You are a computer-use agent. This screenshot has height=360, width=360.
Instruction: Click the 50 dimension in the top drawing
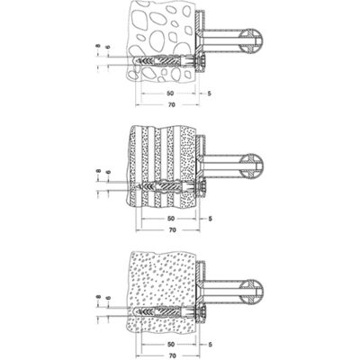(x=170, y=94)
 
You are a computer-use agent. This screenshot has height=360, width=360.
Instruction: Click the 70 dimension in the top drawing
(x=172, y=104)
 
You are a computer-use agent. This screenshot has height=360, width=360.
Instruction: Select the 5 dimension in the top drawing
(x=210, y=94)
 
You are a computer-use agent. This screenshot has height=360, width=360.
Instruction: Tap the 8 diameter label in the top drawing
(x=98, y=47)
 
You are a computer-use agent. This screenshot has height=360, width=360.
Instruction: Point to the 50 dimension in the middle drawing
(x=170, y=219)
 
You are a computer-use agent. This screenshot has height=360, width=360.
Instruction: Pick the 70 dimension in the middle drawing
(x=172, y=230)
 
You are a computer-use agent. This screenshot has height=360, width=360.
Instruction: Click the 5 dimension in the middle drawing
(x=210, y=219)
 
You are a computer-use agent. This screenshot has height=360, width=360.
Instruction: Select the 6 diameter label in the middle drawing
(x=108, y=172)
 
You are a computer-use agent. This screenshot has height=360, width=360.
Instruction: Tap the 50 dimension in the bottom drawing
(x=170, y=344)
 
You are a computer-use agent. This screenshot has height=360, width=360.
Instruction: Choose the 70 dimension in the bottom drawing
(x=172, y=355)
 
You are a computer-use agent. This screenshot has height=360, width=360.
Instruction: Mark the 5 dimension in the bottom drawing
(x=210, y=345)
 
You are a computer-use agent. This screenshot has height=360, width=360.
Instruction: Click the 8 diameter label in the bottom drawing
(x=98, y=297)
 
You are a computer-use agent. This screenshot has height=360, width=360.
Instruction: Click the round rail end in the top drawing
(x=251, y=41)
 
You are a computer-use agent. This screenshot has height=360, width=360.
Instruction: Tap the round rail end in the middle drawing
(x=251, y=166)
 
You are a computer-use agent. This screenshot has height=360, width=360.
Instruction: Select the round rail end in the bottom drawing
(x=251, y=292)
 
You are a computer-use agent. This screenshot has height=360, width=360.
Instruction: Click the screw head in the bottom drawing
(x=201, y=312)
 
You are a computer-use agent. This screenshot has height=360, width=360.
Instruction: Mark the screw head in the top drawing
(x=201, y=61)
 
